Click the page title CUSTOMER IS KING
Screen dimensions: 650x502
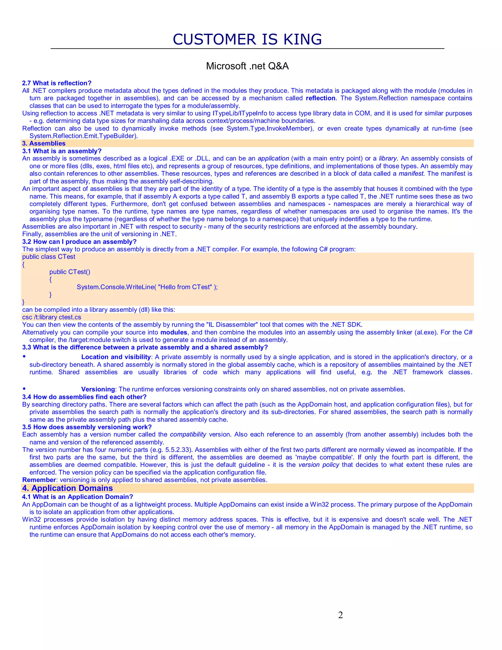tap(247, 39)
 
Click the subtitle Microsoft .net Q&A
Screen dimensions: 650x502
tap(247, 66)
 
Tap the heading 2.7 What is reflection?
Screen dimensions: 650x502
tap(57, 83)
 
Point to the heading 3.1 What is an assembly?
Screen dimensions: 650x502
tap(62, 151)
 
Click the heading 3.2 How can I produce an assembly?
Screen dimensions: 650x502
tap(79, 242)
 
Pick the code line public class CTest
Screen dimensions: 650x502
tap(49, 257)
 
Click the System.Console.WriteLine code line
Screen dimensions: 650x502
tap(147, 287)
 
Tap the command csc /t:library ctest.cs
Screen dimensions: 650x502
tap(52, 317)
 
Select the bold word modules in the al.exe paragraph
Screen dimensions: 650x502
tap(174, 332)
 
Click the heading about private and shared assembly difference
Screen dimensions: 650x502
tap(145, 347)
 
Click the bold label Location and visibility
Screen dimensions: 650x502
tap(116, 357)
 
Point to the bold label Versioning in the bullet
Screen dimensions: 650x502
tap(98, 389)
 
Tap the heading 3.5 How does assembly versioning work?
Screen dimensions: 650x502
tap(87, 427)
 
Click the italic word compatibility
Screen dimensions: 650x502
tap(188, 435)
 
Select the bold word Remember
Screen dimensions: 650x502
tap(39, 480)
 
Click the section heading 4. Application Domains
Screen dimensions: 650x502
tap(67, 488)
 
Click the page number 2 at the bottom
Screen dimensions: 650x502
tap(340, 615)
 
